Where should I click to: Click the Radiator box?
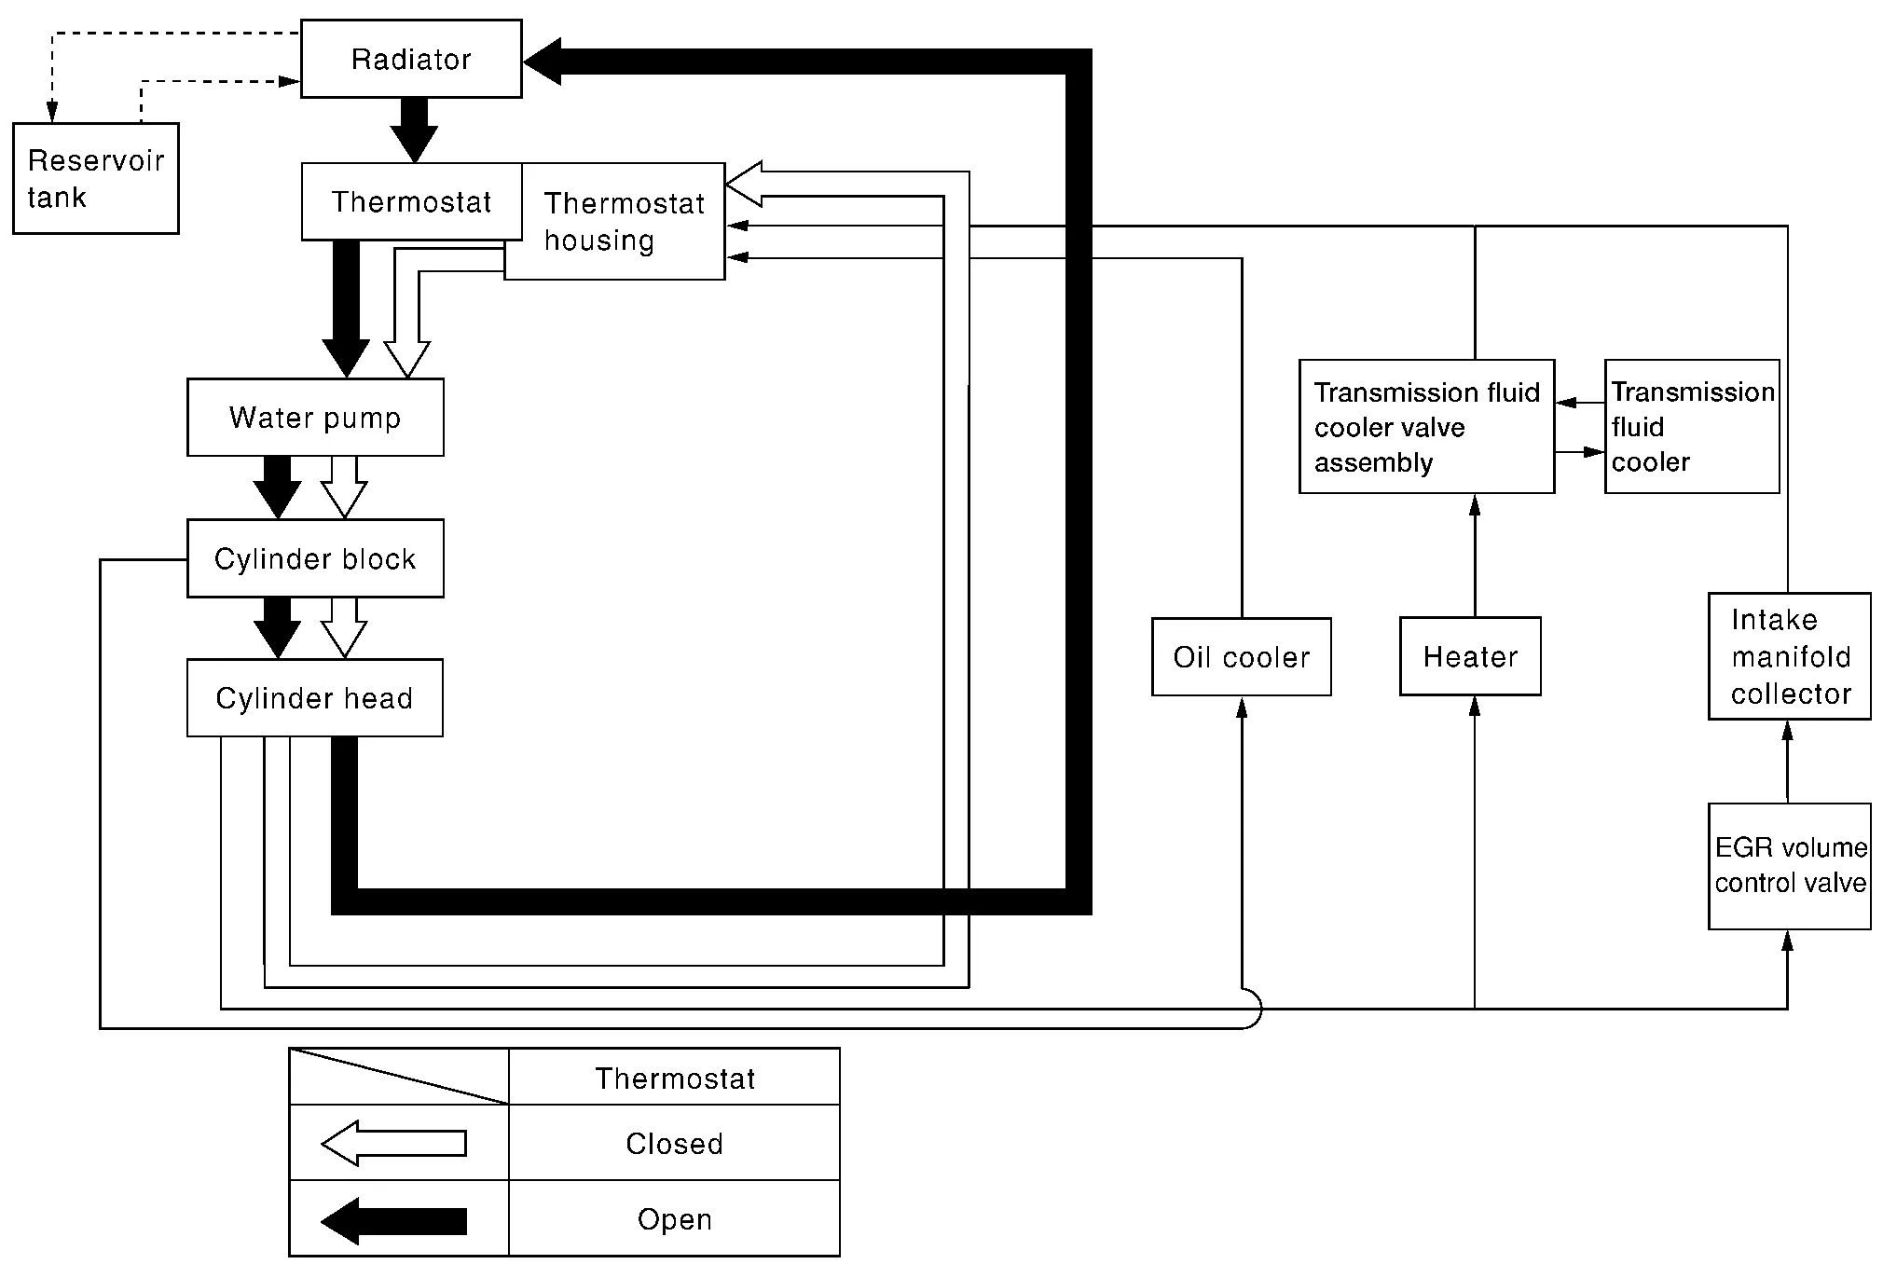pos(411,59)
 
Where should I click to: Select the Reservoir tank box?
pos(95,178)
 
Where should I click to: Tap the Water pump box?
pos(315,417)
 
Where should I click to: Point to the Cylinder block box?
pos(315,558)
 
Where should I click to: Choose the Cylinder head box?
pos(315,698)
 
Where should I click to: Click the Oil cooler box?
pos(1241,657)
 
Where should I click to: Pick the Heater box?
pos(1470,657)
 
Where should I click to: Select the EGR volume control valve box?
pos(1790,866)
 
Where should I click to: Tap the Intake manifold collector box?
pos(1790,656)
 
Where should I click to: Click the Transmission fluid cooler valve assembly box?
pos(1426,427)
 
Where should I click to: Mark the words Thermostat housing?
pos(624,222)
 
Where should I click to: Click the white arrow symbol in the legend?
pos(393,1144)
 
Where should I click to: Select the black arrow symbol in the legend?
pos(393,1220)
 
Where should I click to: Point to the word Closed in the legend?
pos(674,1144)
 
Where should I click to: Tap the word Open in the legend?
pos(674,1219)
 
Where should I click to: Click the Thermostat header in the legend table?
pos(674,1079)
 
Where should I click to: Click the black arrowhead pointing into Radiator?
pos(543,62)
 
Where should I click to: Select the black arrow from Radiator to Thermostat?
pos(413,130)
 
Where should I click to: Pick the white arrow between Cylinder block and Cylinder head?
pos(344,627)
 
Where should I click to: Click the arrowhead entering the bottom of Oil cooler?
pos(1242,708)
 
